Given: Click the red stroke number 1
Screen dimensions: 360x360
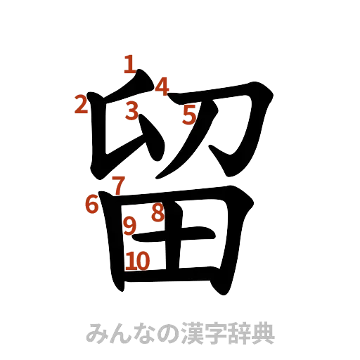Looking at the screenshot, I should [129, 65].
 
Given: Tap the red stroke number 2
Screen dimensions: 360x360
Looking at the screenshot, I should [82, 105].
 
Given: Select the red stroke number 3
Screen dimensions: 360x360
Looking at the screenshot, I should [131, 112].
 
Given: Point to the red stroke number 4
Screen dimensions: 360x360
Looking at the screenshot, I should [162, 86].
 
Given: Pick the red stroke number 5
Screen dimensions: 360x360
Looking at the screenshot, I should [188, 115].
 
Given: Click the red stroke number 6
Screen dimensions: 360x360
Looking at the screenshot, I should [91, 204].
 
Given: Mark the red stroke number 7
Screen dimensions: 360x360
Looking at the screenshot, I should [119, 186].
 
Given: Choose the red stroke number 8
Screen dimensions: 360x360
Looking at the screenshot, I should [157, 213].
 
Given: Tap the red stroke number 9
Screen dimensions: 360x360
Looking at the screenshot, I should [130, 226].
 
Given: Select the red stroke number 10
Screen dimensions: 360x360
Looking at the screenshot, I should [139, 262].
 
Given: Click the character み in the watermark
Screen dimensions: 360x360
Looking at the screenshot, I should [97, 333].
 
